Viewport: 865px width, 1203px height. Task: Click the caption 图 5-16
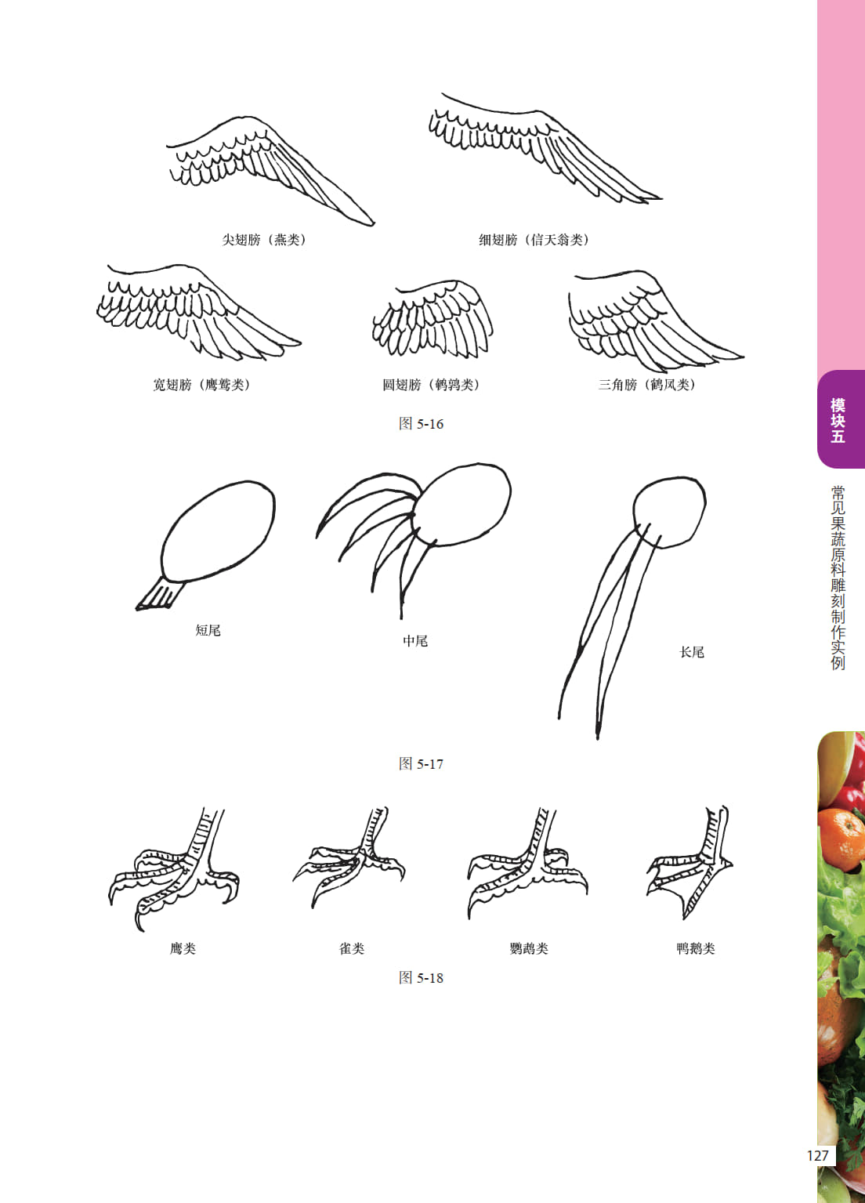[421, 424]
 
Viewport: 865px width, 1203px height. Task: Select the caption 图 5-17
[421, 763]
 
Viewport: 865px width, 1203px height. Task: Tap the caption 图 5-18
[421, 977]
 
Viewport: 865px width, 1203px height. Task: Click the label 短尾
[208, 630]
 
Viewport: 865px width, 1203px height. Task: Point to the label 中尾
[415, 641]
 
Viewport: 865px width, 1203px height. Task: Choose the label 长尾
[692, 652]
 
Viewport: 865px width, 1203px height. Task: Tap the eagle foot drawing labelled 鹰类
[175, 870]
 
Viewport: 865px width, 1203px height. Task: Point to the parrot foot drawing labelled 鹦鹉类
[529, 864]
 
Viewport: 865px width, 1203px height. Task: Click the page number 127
[817, 1155]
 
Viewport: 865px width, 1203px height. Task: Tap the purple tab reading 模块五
[838, 419]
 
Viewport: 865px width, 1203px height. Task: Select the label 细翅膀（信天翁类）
[534, 240]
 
